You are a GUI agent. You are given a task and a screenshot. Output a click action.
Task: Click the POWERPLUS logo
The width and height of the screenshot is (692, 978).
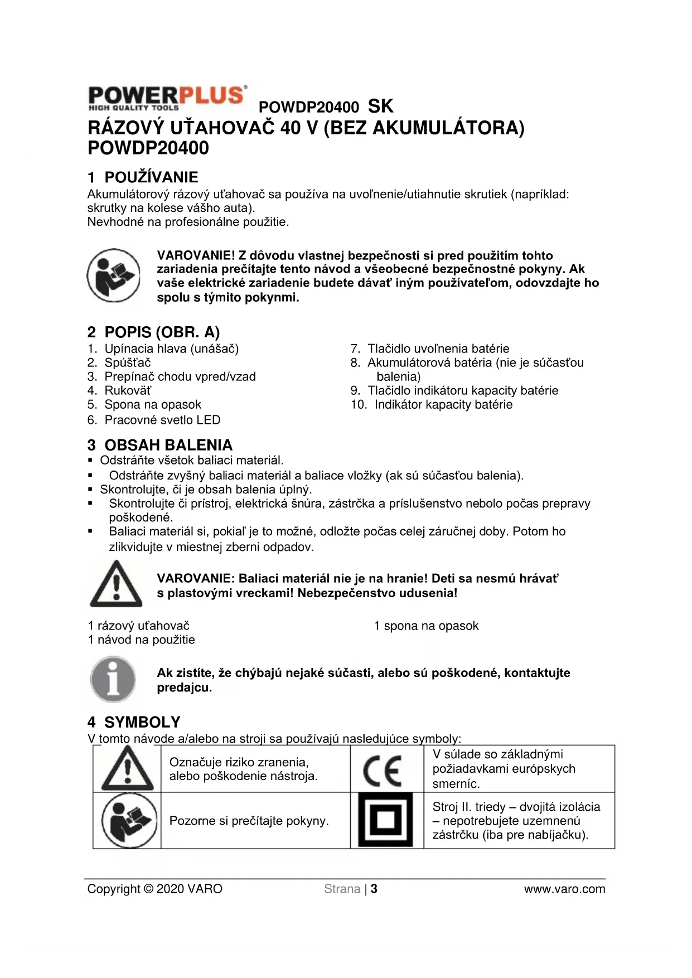(x=167, y=98)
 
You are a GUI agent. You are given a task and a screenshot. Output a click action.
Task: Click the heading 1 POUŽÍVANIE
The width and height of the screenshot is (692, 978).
(x=143, y=177)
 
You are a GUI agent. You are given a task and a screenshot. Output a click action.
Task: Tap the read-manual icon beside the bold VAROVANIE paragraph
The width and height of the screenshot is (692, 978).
(x=114, y=275)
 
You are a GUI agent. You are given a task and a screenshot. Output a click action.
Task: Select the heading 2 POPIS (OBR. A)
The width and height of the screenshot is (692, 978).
(x=153, y=332)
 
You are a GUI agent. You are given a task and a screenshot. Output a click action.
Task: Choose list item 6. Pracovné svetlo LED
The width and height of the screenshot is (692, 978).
(x=154, y=420)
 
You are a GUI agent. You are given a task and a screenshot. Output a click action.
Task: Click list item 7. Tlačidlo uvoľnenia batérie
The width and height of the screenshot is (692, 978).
(x=430, y=348)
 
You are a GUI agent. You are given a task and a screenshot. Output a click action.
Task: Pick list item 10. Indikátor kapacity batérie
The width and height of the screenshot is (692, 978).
(x=432, y=404)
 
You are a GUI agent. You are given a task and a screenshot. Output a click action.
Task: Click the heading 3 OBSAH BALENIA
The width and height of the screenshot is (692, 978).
(x=160, y=445)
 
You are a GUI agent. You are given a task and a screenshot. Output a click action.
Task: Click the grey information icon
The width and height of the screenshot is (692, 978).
(x=113, y=679)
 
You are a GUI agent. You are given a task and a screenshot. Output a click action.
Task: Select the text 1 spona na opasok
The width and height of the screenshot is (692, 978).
(x=426, y=626)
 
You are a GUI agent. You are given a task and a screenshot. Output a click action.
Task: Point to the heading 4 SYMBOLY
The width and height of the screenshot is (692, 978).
(x=134, y=722)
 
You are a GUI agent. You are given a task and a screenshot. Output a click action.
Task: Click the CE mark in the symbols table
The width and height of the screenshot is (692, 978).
(x=383, y=770)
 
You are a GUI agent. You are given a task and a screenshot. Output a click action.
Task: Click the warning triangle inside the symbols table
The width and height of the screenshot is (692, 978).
(x=127, y=769)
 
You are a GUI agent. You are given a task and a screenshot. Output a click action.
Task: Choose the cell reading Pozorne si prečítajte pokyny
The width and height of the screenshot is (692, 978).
(x=249, y=821)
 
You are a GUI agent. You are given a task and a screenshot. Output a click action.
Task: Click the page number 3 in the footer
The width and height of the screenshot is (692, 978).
(x=374, y=889)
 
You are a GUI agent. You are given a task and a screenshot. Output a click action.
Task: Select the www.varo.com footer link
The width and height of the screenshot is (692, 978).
(x=564, y=889)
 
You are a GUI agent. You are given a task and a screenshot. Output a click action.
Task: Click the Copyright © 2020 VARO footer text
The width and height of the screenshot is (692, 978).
(x=155, y=889)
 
